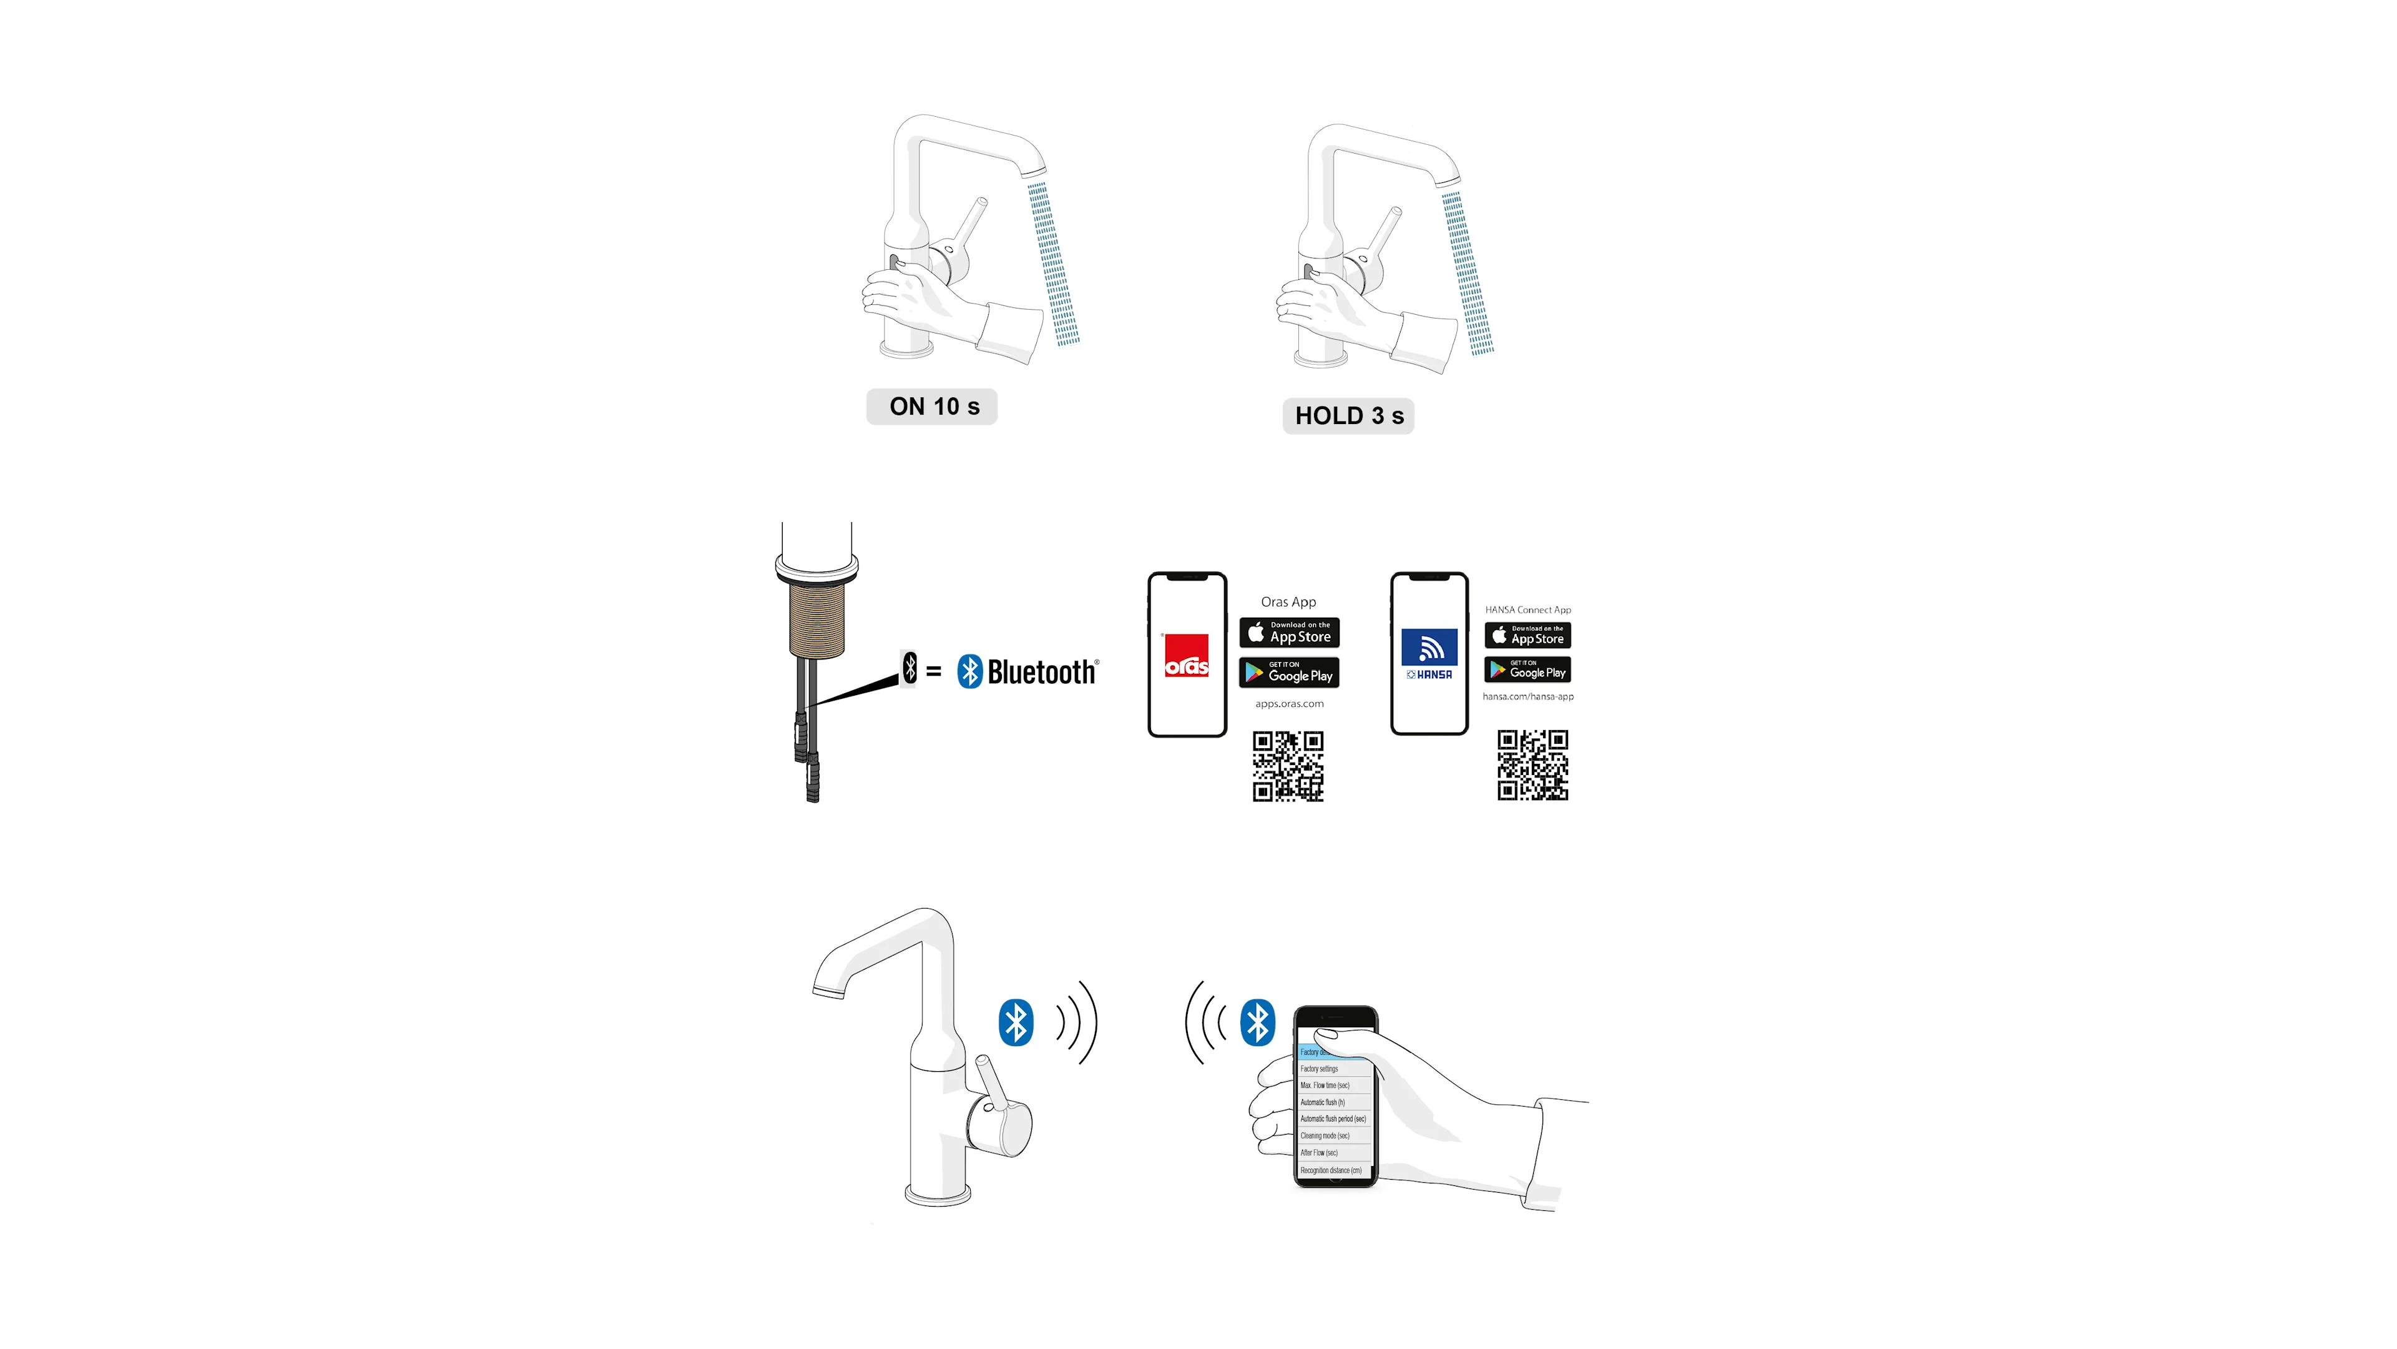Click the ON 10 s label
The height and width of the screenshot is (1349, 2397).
tap(933, 407)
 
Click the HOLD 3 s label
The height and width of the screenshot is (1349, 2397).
tap(1348, 416)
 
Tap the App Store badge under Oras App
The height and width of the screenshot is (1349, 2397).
tap(1289, 633)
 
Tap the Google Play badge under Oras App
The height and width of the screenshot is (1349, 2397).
tap(1289, 673)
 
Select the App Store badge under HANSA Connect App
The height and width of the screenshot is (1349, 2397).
tap(1528, 635)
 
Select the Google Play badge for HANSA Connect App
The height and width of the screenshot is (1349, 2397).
tap(1528, 670)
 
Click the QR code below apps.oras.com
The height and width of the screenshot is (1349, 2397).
tap(1288, 766)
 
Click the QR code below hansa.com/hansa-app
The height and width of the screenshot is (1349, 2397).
tap(1532, 765)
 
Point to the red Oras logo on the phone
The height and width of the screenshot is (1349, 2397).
tap(1187, 655)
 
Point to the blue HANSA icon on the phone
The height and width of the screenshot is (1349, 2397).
tap(1429, 648)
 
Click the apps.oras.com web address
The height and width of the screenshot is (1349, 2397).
tap(1289, 704)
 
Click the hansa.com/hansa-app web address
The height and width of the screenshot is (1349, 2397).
tap(1528, 696)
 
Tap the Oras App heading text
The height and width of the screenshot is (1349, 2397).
tap(1289, 602)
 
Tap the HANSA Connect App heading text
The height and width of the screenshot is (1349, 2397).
tap(1528, 610)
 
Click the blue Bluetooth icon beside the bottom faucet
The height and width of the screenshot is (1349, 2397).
tap(1016, 1022)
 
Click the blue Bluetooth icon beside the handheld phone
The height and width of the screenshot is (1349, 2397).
tap(1258, 1022)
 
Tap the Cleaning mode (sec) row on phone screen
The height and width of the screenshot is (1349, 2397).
tap(1326, 1136)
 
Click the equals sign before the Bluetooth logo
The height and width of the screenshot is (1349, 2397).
tap(934, 671)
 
